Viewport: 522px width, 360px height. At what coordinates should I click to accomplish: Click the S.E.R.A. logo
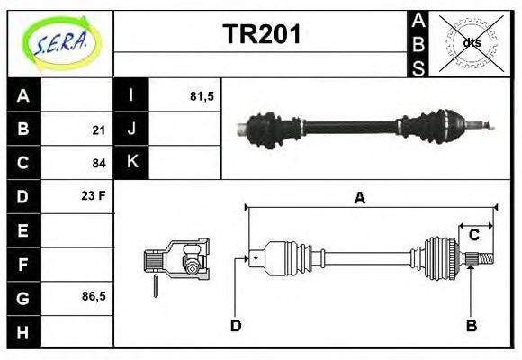tap(59, 42)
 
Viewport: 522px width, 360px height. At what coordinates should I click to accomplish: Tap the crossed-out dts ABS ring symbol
tap(471, 42)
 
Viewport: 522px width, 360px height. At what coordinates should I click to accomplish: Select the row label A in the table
tap(23, 96)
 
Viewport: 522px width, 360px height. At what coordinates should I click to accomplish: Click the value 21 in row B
tap(98, 130)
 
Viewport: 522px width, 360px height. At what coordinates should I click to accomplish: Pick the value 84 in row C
tap(98, 164)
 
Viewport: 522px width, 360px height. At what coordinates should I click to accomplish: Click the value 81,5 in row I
tap(202, 96)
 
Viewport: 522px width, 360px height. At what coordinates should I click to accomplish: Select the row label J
tap(131, 130)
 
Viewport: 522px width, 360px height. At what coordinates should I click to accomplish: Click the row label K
tap(131, 163)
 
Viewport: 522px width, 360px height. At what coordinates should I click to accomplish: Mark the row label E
tap(23, 230)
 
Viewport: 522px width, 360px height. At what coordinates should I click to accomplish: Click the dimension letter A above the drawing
tap(360, 199)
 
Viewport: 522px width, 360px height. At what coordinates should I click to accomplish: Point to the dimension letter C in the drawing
tap(473, 236)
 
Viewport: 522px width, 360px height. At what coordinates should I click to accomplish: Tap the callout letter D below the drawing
tap(236, 325)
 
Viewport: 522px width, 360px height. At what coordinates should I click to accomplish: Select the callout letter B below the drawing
tap(471, 325)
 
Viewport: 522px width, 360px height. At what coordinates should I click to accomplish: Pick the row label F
tap(23, 264)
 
